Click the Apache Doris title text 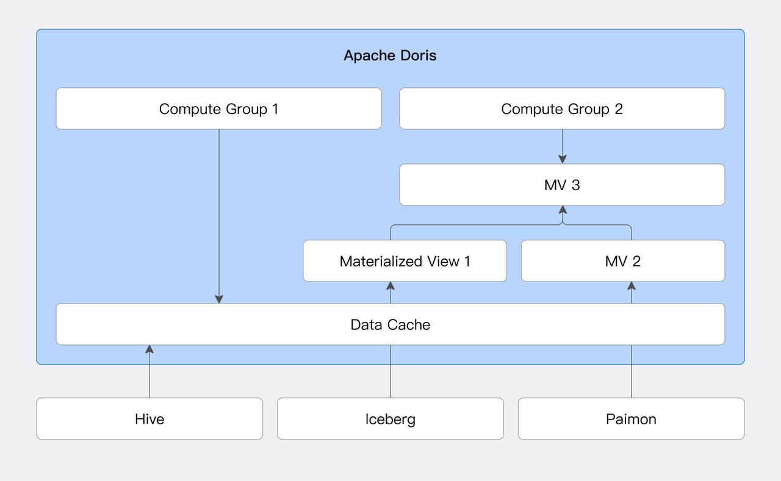click(390, 55)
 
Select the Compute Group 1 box click(218, 109)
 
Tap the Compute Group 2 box click(562, 109)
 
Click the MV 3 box click(562, 185)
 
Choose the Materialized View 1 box click(405, 261)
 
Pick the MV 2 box click(623, 261)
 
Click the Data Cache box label click(390, 324)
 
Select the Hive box click(149, 419)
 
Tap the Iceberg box click(390, 419)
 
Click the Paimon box click(631, 419)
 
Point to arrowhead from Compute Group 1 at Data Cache click(219, 299)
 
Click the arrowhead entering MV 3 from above click(563, 159)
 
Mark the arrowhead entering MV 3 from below click(563, 210)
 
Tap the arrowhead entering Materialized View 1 click(390, 286)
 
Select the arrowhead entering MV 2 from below click(632, 286)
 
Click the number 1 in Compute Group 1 click(275, 109)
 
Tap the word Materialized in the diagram click(382, 261)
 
